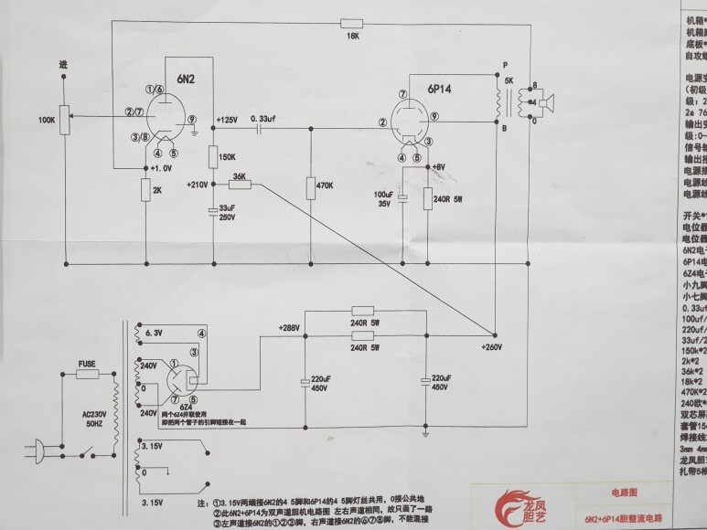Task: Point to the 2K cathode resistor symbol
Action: click(146, 190)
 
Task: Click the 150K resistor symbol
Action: click(212, 156)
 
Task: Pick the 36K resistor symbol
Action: click(240, 184)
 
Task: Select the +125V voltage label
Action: click(227, 120)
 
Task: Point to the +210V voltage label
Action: click(197, 184)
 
